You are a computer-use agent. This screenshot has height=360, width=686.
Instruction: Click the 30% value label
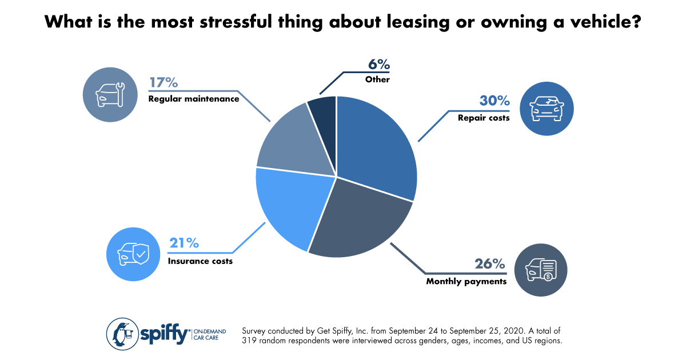click(x=494, y=102)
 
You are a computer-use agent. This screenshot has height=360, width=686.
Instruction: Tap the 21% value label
click(x=184, y=243)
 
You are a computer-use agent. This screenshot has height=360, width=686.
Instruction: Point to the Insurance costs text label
click(x=200, y=261)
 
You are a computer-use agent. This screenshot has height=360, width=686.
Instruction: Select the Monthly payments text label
click(x=466, y=281)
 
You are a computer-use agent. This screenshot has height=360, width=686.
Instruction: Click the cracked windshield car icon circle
click(x=547, y=109)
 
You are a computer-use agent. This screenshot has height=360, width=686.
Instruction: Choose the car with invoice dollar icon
click(x=540, y=269)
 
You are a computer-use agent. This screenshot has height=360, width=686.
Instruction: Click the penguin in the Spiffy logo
click(x=121, y=334)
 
